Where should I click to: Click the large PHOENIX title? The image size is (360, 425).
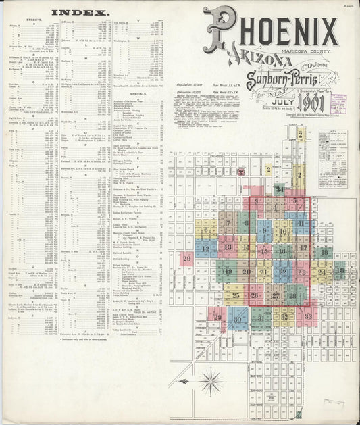[x=270, y=31]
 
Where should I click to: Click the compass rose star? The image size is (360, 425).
[x=209, y=380]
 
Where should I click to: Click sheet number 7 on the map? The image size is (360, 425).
[x=229, y=222]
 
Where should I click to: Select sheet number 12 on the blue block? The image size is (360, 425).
[x=206, y=248]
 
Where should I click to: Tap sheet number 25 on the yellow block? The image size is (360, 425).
[x=235, y=295]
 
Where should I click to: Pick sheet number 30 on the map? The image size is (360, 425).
[x=238, y=318]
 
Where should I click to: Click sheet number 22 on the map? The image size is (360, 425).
[x=283, y=272]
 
